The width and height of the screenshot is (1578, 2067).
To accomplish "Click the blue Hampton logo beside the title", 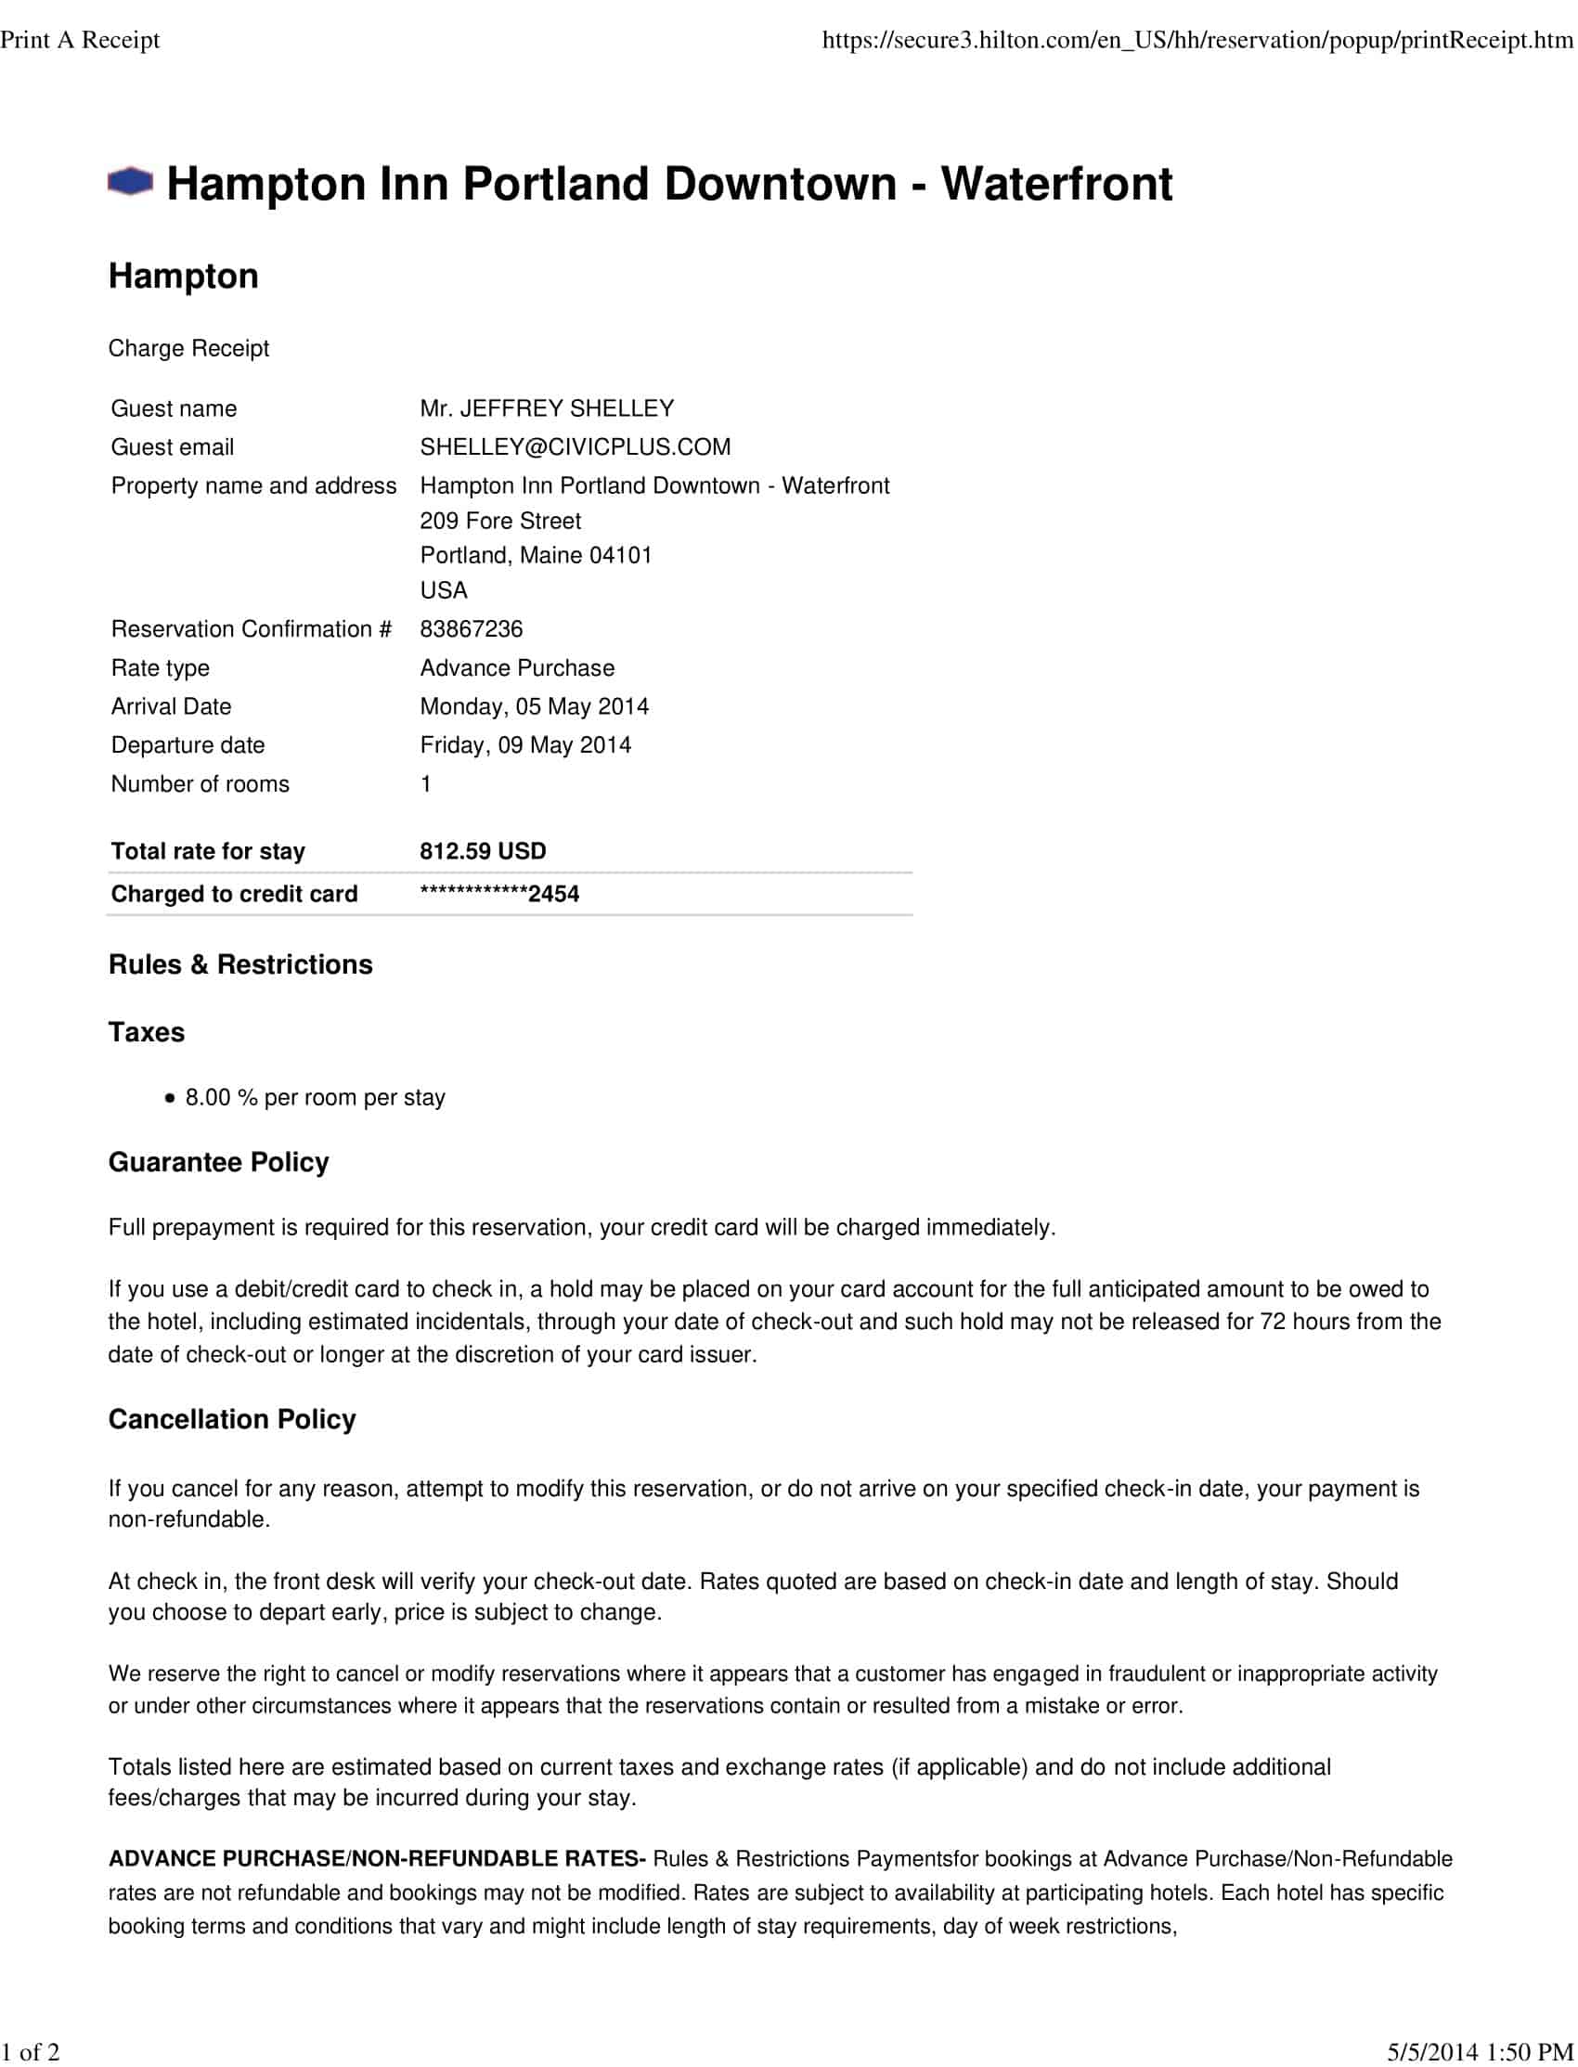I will coord(130,182).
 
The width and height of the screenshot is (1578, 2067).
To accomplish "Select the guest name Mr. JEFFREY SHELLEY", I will coord(547,408).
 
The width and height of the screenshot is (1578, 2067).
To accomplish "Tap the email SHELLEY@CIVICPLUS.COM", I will coord(575,447).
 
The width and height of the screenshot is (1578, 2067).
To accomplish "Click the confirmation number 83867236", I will coord(471,629).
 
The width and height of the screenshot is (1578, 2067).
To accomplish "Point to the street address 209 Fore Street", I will coord(499,522).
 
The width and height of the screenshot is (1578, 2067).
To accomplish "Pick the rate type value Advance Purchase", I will coord(517,667).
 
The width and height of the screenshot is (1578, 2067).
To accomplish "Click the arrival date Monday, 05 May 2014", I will coord(534,706).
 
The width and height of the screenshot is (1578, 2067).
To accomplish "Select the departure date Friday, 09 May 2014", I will coord(525,744).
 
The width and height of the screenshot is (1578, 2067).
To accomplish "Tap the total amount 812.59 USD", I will coord(483,851).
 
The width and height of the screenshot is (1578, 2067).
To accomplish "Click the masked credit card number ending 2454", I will coord(498,894).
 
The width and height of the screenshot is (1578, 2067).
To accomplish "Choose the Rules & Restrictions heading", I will coord(240,964).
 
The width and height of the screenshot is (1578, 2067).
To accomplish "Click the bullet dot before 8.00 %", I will coord(169,1098).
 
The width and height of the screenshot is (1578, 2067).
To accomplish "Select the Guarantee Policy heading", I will coord(219,1163).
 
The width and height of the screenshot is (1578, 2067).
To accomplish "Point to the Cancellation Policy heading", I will coord(232,1419).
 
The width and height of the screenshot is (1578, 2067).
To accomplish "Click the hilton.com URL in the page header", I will coord(1196,39).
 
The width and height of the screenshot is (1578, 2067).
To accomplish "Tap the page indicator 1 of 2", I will coord(30,2052).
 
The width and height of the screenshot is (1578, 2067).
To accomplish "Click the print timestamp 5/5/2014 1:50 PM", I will coord(1481,2052).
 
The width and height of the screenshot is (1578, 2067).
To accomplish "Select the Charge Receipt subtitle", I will coord(188,348).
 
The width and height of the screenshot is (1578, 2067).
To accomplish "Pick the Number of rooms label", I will coord(200,784).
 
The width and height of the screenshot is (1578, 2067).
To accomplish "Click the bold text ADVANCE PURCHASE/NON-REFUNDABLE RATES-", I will coord(377,1858).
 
